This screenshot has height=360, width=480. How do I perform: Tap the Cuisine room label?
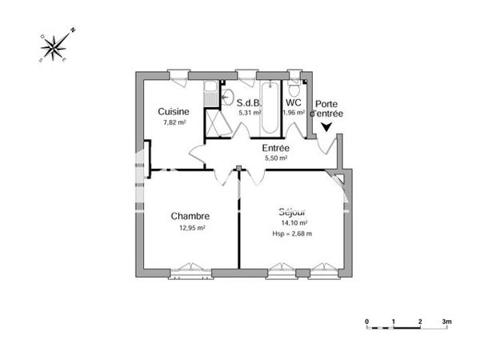click(173, 111)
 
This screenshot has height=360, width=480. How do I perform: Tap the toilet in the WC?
click(294, 88)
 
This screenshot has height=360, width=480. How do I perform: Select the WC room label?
click(294, 102)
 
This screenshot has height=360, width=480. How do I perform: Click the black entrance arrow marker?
click(326, 126)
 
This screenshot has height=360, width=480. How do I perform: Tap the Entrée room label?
click(276, 148)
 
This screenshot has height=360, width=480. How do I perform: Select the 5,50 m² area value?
click(276, 158)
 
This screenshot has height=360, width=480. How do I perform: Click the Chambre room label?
click(190, 216)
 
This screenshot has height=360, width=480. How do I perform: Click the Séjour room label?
click(293, 212)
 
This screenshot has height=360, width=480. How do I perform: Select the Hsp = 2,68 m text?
click(293, 234)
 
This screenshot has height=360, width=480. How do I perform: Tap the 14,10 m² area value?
click(293, 223)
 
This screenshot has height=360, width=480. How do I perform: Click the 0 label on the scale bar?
click(367, 321)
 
